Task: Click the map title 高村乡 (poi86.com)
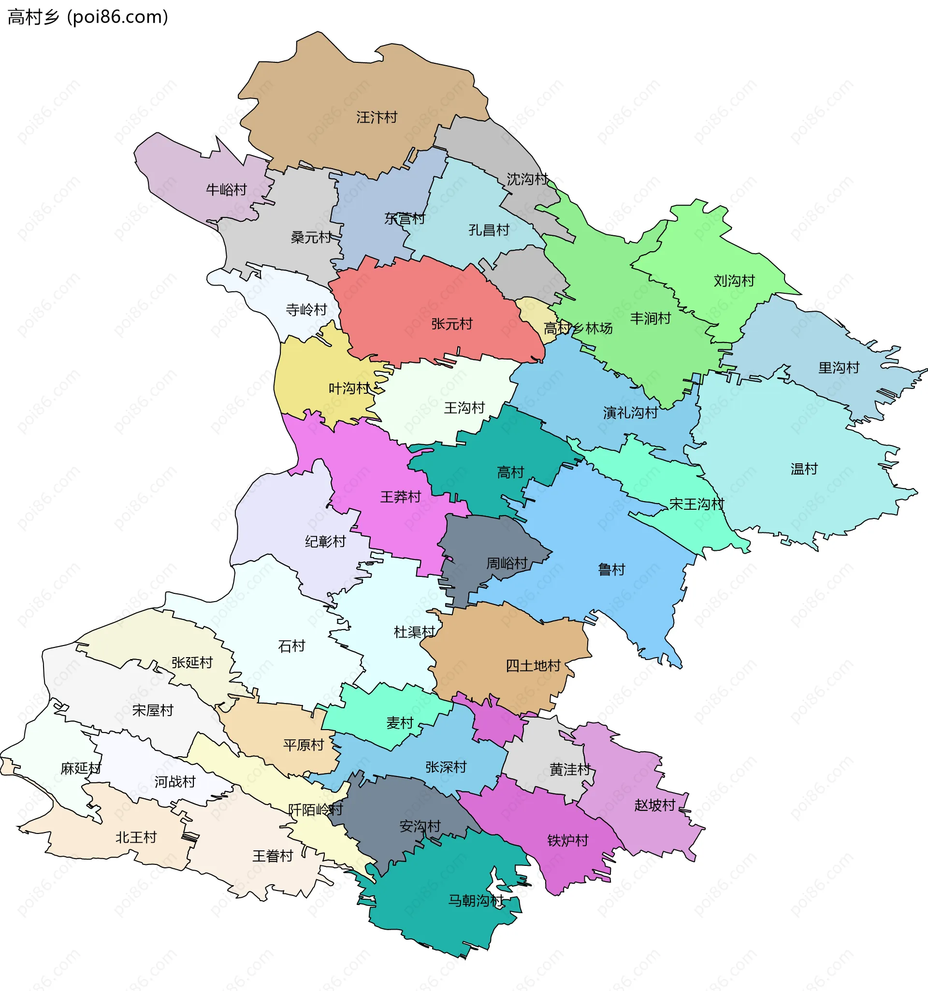click(88, 17)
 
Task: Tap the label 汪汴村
click(377, 117)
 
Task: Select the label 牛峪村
click(226, 190)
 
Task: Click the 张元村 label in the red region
click(452, 324)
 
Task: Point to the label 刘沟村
click(734, 281)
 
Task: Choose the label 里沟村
click(839, 368)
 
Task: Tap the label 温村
click(804, 469)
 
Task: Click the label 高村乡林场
click(578, 329)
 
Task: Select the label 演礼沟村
click(630, 413)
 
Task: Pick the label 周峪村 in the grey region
click(507, 564)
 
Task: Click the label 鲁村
click(611, 570)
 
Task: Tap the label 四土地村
click(533, 666)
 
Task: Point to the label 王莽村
click(400, 497)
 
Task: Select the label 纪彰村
click(325, 542)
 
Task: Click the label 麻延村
click(81, 769)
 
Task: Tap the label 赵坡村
click(654, 805)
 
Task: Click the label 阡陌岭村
click(316, 810)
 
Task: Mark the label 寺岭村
click(306, 310)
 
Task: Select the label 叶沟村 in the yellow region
click(349, 388)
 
